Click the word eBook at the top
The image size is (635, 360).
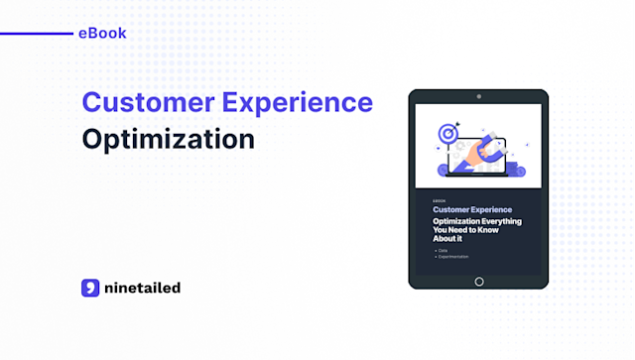pyautogui.click(x=101, y=34)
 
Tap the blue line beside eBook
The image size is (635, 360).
pyautogui.click(x=35, y=34)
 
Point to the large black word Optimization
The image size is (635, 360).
pyautogui.click(x=168, y=139)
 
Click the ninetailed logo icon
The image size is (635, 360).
pyautogui.click(x=91, y=288)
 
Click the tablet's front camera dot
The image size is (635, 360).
pyautogui.click(x=478, y=97)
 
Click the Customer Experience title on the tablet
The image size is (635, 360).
pyautogui.click(x=470, y=210)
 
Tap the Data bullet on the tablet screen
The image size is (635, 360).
pyautogui.click(x=444, y=250)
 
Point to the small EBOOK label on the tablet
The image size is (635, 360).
pyautogui.click(x=440, y=201)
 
